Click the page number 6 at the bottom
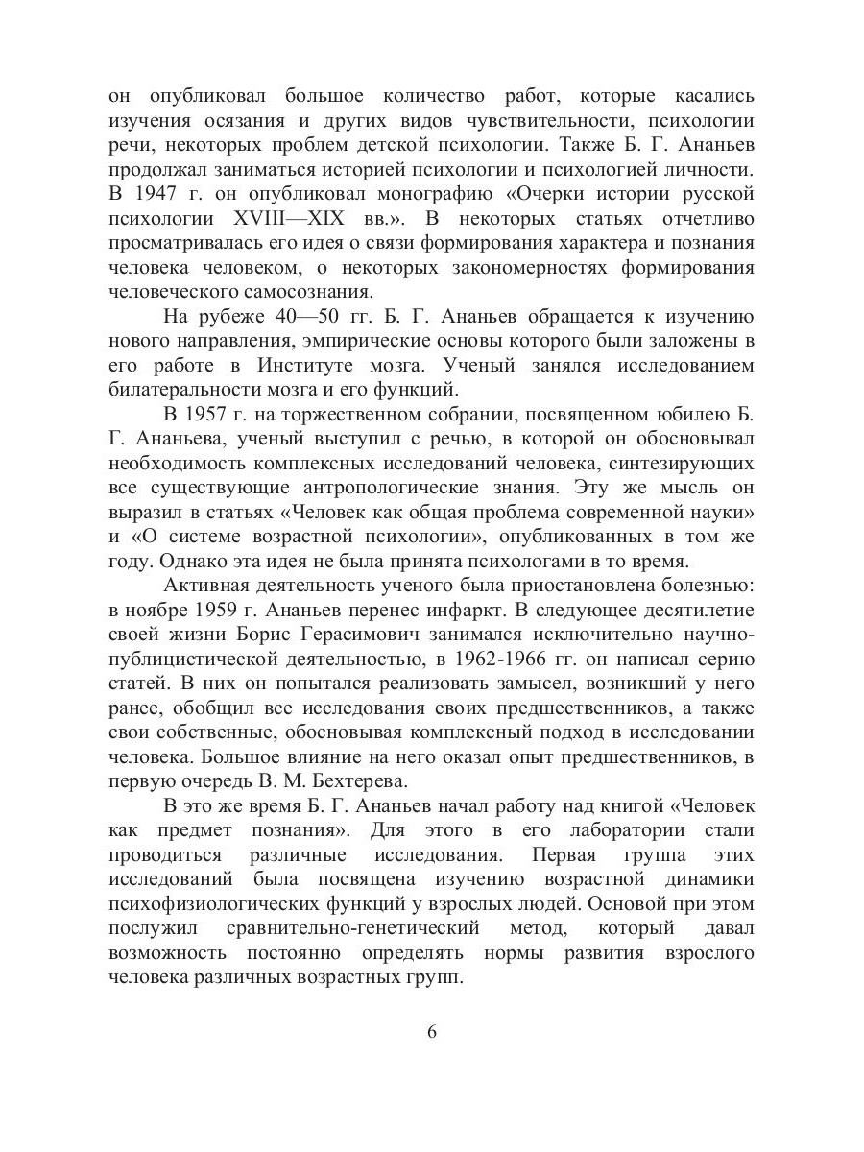coord(431,1033)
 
